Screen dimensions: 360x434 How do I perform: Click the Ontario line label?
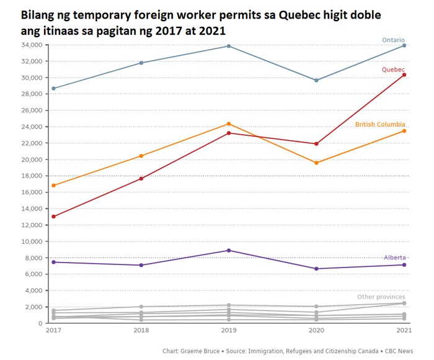pos(393,40)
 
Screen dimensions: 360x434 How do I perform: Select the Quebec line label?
pos(393,70)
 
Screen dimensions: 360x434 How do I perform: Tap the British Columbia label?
pos(380,125)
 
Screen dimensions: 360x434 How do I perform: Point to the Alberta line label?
pos(394,258)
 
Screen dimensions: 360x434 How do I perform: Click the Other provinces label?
pos(381,297)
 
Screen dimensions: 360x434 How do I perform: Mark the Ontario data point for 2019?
pos(229,46)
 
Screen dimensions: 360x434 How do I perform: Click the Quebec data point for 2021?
pos(404,74)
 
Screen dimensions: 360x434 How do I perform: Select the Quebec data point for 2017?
pos(53,217)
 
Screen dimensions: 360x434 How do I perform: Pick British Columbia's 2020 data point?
pos(316,163)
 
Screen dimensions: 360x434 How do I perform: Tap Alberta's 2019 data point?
pos(229,250)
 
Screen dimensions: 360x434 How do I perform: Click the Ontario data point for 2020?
pos(316,80)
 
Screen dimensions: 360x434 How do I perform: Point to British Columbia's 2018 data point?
pos(141,156)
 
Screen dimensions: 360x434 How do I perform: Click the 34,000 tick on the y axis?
pos(30,45)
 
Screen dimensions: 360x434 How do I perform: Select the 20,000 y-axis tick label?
pos(30,160)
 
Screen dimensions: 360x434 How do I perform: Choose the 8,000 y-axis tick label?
pos(33,258)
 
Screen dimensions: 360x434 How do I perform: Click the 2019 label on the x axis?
pos(229,331)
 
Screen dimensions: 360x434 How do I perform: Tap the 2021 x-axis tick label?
pos(404,331)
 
